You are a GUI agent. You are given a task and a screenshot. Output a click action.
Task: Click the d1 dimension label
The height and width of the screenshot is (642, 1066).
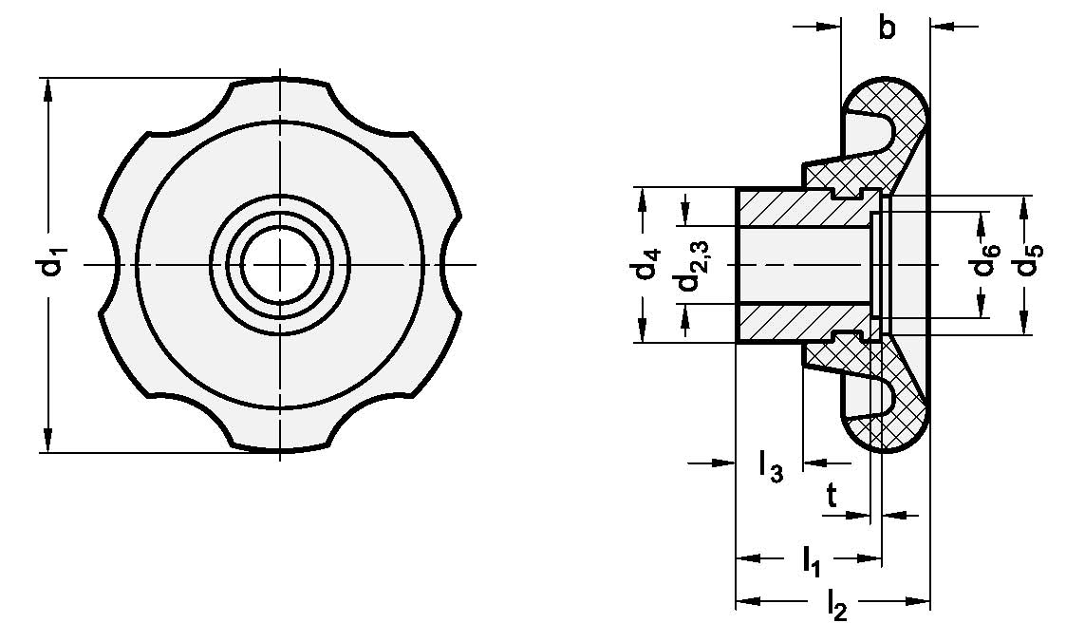pyautogui.click(x=56, y=263)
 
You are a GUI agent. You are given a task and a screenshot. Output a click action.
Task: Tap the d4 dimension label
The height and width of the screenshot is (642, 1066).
pyautogui.click(x=649, y=265)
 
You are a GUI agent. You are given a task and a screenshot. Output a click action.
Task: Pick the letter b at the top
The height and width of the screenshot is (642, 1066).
pyautogui.click(x=886, y=28)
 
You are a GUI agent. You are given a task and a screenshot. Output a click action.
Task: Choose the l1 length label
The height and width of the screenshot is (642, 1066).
pyautogui.click(x=811, y=563)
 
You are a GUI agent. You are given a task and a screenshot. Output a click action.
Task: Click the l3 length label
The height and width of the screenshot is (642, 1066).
pyautogui.click(x=769, y=468)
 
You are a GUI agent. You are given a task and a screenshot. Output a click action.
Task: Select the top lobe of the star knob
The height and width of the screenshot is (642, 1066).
pyautogui.click(x=279, y=95)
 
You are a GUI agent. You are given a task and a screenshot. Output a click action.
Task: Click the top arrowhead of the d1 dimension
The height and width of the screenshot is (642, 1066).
pyautogui.click(x=47, y=87)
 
